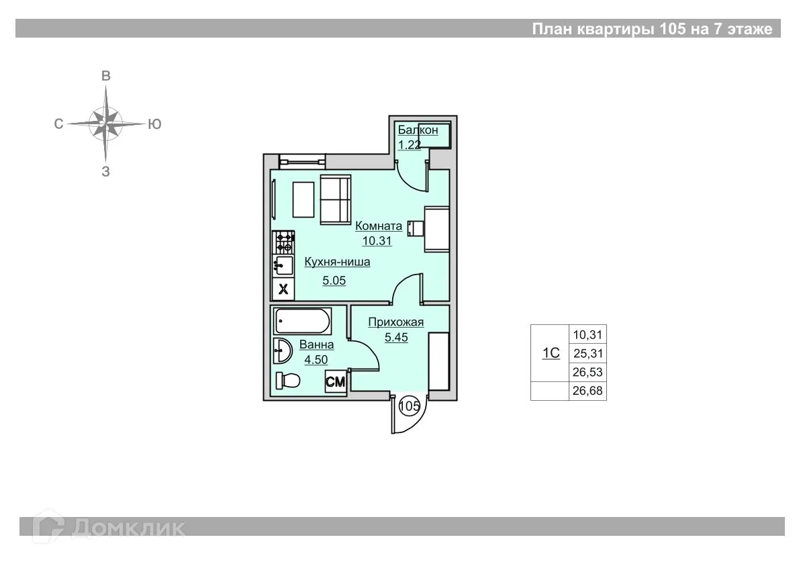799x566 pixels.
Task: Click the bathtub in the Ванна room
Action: tap(302, 321)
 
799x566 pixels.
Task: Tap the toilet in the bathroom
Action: tap(287, 380)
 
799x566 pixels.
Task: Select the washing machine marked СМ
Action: tap(335, 381)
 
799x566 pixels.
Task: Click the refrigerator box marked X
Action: tap(283, 289)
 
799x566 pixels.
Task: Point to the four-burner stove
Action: tap(284, 242)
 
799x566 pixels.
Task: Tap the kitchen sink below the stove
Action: tap(283, 266)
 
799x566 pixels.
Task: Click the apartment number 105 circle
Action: tap(409, 406)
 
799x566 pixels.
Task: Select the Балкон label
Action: tap(418, 130)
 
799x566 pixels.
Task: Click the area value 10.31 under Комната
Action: tap(377, 241)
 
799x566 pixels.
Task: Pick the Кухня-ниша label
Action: tap(337, 262)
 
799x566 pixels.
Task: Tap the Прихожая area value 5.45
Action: tap(396, 337)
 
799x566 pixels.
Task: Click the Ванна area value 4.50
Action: tap(316, 360)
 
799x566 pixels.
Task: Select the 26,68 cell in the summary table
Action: tap(587, 391)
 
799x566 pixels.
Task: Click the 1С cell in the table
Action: tap(550, 353)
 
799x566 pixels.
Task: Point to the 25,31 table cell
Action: tap(587, 353)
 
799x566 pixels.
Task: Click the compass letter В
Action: tap(106, 76)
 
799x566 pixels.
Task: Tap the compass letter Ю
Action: tap(154, 124)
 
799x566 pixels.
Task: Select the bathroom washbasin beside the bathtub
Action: tap(282, 350)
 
